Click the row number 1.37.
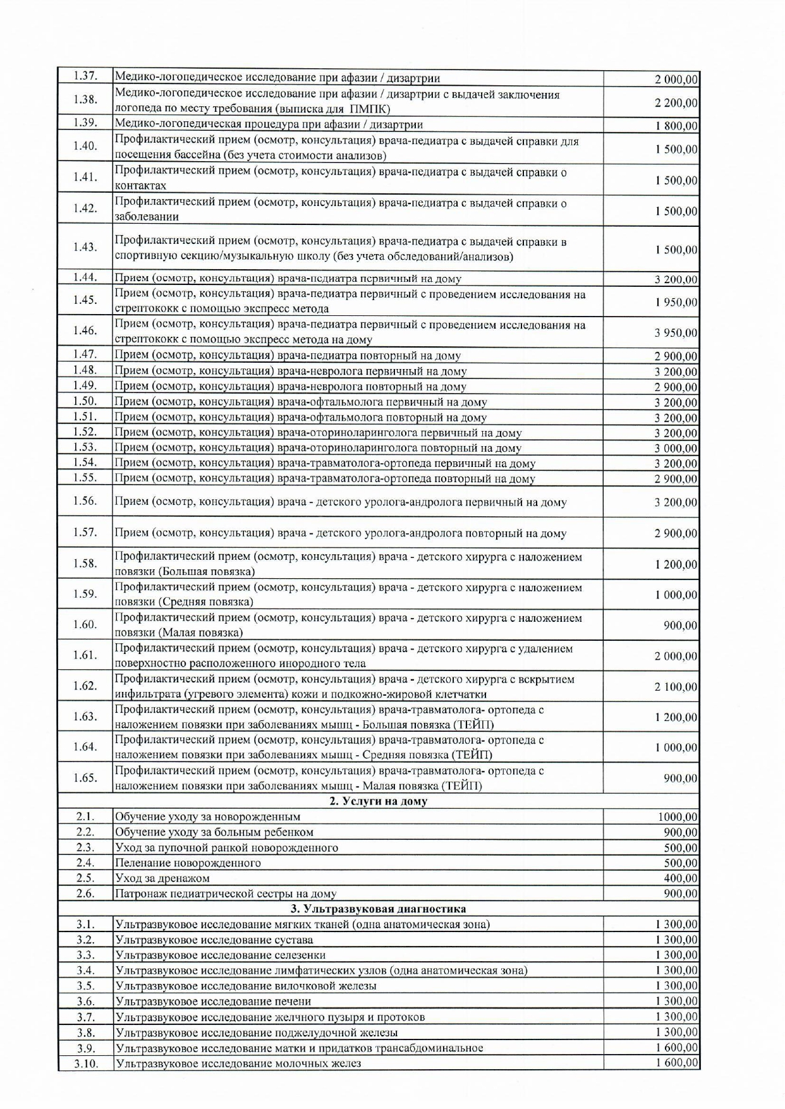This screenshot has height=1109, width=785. tap(85, 76)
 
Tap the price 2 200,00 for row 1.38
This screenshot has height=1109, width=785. tap(676, 102)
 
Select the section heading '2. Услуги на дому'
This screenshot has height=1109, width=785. tap(378, 801)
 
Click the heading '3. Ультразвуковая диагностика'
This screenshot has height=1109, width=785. tap(378, 909)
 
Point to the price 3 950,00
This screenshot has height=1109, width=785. tap(676, 333)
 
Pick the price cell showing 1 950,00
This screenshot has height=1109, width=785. tap(676, 302)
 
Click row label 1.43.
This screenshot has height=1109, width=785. tap(85, 247)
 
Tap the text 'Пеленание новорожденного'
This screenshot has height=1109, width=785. tap(188, 863)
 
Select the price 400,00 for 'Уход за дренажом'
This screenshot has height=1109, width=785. tap(681, 878)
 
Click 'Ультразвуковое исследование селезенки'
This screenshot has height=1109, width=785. tap(220, 955)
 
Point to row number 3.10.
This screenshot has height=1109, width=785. tap(85, 1064)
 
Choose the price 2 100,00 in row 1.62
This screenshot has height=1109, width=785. tap(676, 687)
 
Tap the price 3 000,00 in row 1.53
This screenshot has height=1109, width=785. tap(676, 449)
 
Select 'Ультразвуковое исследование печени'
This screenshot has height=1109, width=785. tap(213, 1001)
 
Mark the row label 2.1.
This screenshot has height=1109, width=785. tap(85, 816)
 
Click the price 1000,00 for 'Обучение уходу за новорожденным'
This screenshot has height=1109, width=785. tap(678, 818)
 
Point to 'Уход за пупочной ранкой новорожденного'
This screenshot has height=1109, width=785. tap(226, 848)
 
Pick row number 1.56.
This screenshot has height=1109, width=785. tap(85, 501)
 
